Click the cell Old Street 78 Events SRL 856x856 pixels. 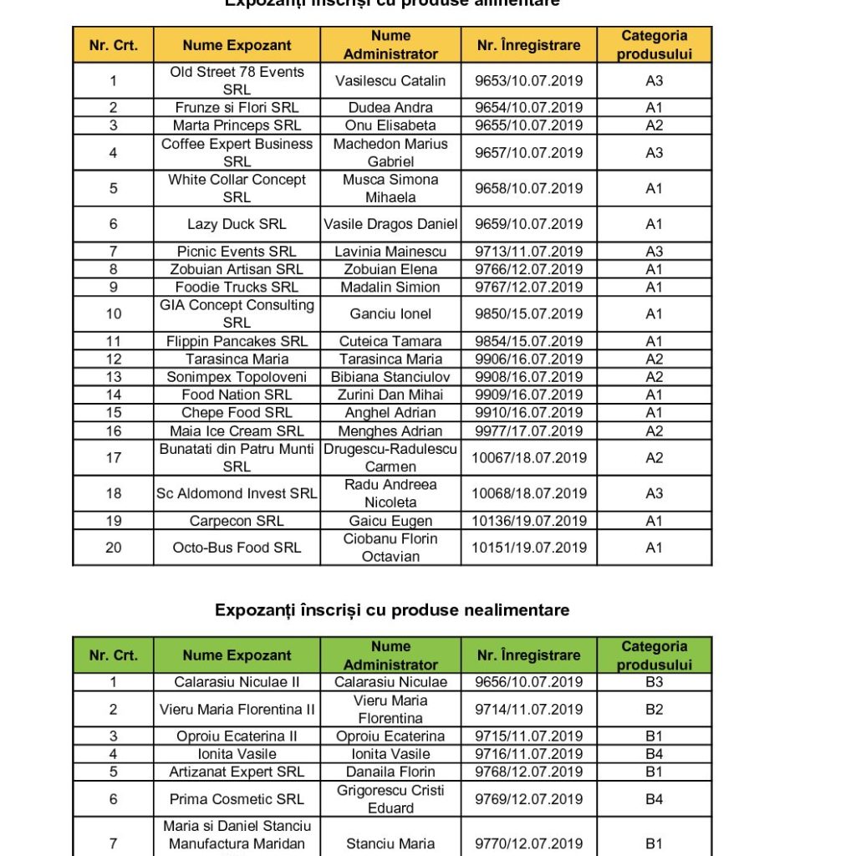click(237, 81)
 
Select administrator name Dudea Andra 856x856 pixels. click(390, 108)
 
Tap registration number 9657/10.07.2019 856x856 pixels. click(528, 153)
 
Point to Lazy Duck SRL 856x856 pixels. click(237, 224)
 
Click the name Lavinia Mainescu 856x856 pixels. click(390, 252)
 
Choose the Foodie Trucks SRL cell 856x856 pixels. click(237, 288)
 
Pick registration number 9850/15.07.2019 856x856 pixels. click(528, 314)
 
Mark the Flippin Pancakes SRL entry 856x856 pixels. click(237, 341)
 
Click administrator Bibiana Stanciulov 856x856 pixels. click(390, 377)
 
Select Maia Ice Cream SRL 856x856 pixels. click(237, 431)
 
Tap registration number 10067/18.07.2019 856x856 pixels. click(528, 458)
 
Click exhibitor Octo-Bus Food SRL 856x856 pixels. click(237, 548)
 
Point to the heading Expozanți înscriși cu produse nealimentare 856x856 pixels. click(392, 610)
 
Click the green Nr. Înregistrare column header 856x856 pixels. click(528, 655)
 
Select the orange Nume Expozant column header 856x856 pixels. click(237, 45)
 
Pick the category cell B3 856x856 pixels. click(654, 682)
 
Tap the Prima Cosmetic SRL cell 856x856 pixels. click(237, 799)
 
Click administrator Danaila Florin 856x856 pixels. click(390, 772)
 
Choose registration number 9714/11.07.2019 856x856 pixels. click(528, 710)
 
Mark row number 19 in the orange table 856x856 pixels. click(114, 521)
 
